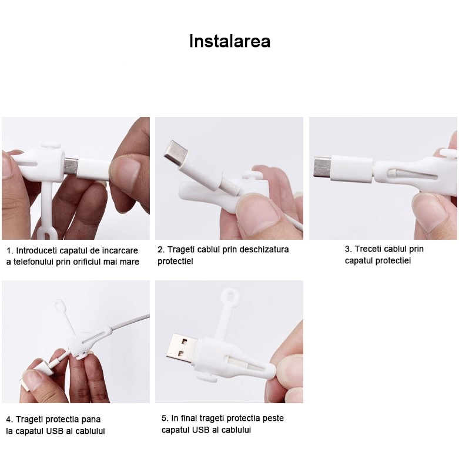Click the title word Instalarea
pyautogui.click(x=229, y=42)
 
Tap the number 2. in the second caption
pyautogui.click(x=161, y=249)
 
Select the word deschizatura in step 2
pyautogui.click(x=263, y=249)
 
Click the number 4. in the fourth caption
pyautogui.click(x=9, y=420)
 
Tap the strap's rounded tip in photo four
pyautogui.click(x=59, y=304)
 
